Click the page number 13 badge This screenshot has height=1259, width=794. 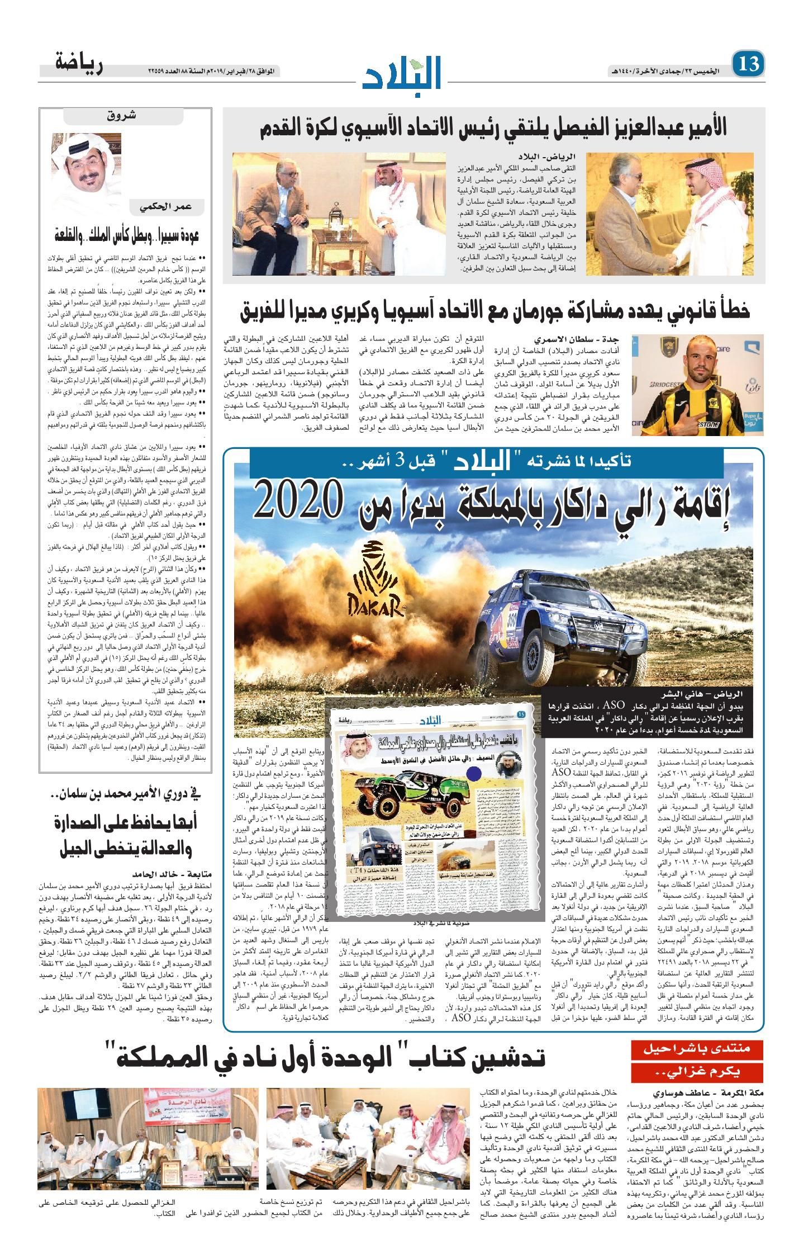[748, 65]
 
